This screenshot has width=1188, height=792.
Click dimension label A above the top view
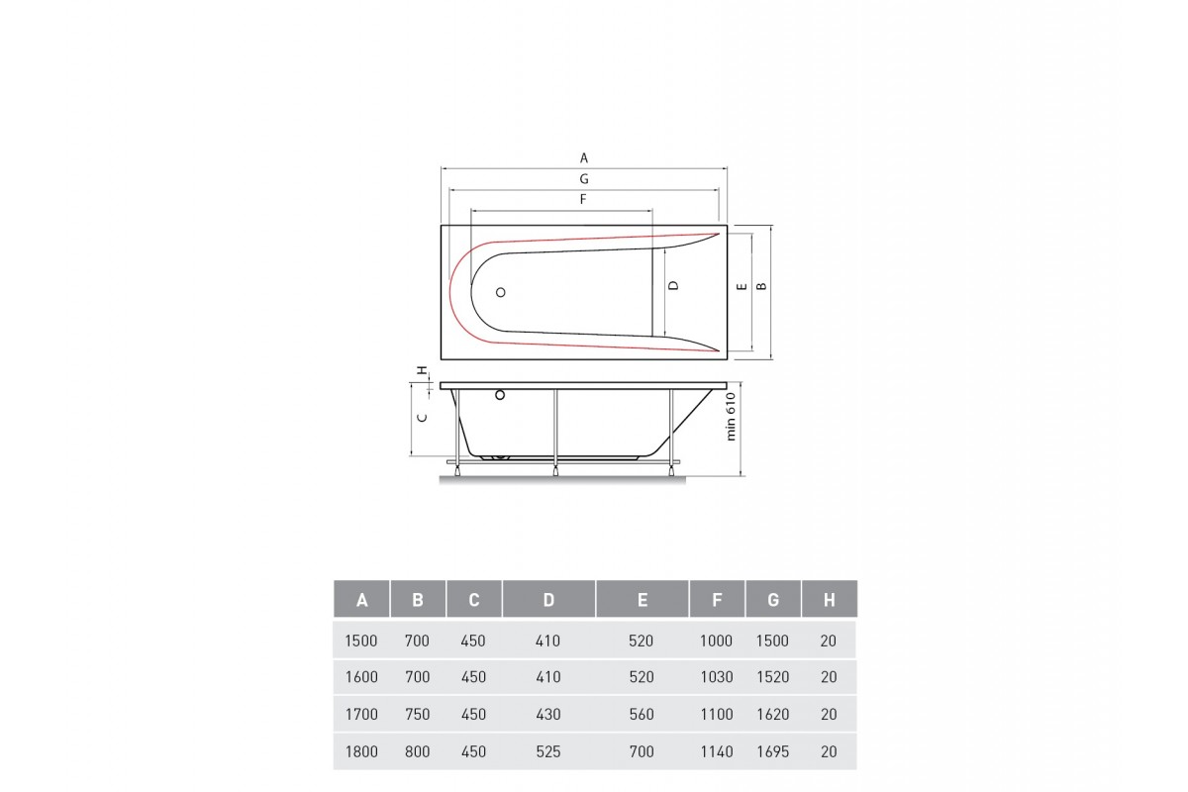tap(584, 157)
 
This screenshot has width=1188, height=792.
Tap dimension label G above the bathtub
tap(584, 179)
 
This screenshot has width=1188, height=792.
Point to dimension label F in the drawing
tap(584, 200)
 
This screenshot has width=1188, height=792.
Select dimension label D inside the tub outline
tap(673, 285)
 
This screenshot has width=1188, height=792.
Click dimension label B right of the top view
tap(760, 285)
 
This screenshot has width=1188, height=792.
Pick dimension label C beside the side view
tap(422, 418)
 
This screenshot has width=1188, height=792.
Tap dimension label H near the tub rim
tap(422, 370)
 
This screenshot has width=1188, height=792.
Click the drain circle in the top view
tap(500, 292)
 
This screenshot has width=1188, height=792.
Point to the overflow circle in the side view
tap(500, 396)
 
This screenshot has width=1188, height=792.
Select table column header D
tap(548, 599)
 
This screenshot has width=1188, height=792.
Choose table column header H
tap(829, 599)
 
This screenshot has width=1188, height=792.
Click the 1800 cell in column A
tap(361, 752)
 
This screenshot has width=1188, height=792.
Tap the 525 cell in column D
tap(547, 752)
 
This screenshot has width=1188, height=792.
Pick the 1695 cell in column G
tap(772, 752)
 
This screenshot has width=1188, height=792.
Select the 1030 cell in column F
tap(716, 678)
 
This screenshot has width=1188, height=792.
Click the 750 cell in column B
tap(418, 715)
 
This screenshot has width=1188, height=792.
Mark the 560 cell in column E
tap(642, 715)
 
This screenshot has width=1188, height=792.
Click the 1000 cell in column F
tap(716, 641)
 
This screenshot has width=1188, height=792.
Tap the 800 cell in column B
tap(418, 752)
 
